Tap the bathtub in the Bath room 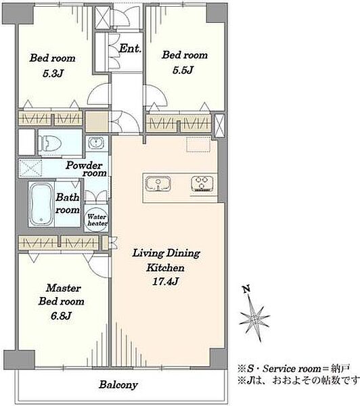tap(41, 204)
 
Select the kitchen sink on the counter tap(158, 183)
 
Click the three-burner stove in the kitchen tap(202, 183)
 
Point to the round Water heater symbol tap(96, 220)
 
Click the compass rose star tap(254, 317)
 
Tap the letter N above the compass tap(246, 289)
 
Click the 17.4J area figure tap(165, 281)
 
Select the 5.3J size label tap(53, 74)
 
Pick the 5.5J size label tap(183, 70)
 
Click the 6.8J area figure tap(61, 316)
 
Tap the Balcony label tap(118, 385)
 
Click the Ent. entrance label tap(130, 49)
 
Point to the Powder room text tap(85, 169)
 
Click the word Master tap(64, 288)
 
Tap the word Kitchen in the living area tap(165, 267)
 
